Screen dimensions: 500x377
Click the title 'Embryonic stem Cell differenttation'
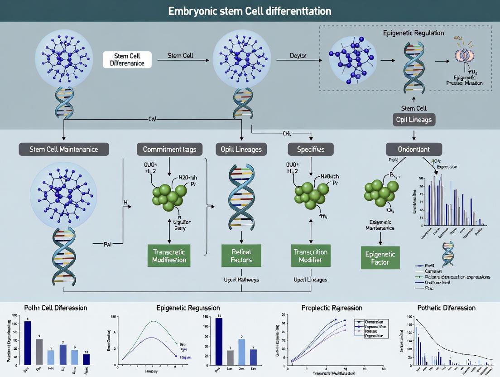(x=250, y=10)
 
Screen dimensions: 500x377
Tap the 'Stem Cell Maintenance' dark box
(x=64, y=149)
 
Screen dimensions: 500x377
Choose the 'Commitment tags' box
(x=169, y=149)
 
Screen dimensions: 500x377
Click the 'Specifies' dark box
(x=311, y=149)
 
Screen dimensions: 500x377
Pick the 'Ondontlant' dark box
(x=413, y=149)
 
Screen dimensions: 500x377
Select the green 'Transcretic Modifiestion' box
(x=169, y=256)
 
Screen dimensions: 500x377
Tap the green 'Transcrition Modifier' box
(x=311, y=256)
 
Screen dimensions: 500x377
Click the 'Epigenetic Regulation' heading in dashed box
(x=413, y=33)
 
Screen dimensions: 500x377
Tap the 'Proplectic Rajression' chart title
(x=332, y=308)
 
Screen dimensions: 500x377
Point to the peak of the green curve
(x=154, y=321)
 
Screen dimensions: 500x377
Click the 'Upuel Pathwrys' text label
(x=241, y=280)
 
